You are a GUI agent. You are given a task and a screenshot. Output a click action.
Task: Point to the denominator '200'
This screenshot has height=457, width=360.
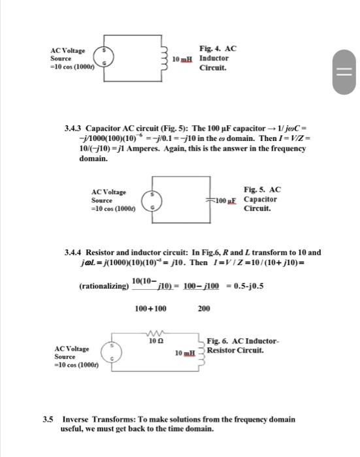205,308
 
